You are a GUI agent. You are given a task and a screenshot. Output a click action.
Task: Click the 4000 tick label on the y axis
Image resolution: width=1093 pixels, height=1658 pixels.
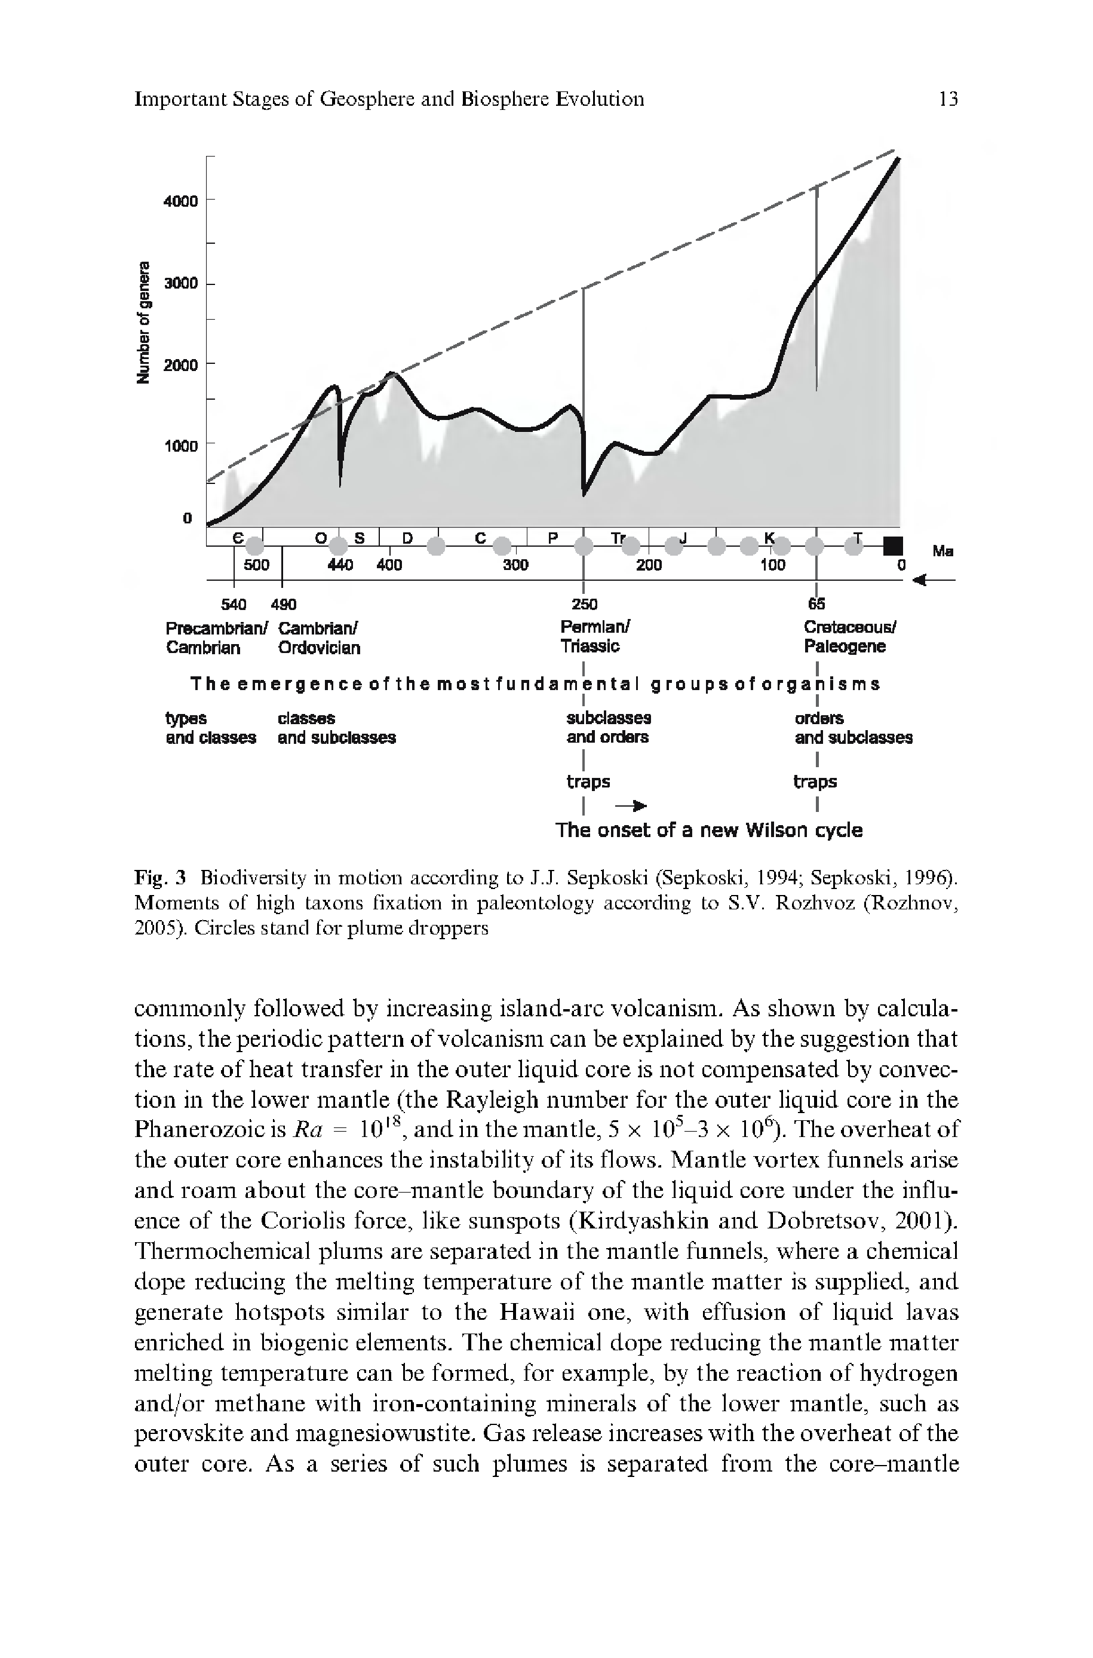coord(180,201)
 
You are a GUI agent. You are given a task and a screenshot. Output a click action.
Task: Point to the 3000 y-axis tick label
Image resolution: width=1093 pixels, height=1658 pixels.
coord(180,283)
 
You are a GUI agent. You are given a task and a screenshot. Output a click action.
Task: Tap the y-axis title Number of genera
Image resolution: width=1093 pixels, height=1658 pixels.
coord(145,321)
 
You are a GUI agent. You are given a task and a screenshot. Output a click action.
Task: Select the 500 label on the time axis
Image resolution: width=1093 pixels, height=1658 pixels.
coord(256,565)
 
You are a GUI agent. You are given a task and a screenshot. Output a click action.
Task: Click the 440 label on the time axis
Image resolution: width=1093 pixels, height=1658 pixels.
coord(340,565)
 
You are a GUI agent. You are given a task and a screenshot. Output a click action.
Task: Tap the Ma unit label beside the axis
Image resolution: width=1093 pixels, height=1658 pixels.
coord(942,551)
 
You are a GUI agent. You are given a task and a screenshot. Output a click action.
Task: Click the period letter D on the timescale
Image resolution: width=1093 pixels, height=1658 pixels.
coord(408,538)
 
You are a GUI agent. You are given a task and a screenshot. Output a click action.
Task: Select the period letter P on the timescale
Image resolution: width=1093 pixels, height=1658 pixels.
coord(554,538)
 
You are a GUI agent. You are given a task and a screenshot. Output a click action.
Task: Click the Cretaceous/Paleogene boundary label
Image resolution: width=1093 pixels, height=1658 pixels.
coord(849,636)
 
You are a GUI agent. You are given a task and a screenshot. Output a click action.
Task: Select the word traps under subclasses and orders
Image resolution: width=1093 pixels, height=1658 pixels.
coord(588,782)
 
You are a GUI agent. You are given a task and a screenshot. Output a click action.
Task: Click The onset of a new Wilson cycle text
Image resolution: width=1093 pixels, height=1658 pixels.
coord(708,830)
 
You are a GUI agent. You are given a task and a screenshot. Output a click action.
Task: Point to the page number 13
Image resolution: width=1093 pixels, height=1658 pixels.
coord(948,99)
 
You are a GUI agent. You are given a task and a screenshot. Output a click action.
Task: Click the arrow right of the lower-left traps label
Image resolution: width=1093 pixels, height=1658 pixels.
coord(630,806)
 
